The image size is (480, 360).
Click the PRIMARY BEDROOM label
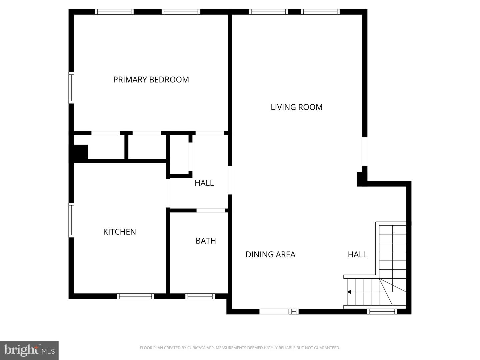click(x=151, y=80)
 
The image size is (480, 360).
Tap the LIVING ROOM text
click(x=296, y=107)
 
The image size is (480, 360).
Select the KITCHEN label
click(x=119, y=232)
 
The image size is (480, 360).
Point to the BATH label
click(x=206, y=241)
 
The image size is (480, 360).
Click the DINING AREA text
click(x=270, y=254)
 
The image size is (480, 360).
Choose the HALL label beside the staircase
click(x=357, y=254)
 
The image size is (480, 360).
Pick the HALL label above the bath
click(x=204, y=183)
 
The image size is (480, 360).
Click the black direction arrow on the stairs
click(x=349, y=292)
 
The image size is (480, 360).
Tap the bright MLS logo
click(x=29, y=350)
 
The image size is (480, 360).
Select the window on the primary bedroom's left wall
click(x=71, y=88)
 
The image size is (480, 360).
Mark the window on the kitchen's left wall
click(x=71, y=220)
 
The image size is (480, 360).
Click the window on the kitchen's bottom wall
click(x=135, y=296)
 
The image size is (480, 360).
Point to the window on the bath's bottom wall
click(x=200, y=296)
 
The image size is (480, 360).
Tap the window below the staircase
click(x=382, y=311)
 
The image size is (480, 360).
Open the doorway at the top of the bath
click(x=211, y=210)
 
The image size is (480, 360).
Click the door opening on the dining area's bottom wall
click(x=274, y=311)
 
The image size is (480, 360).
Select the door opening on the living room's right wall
click(x=365, y=151)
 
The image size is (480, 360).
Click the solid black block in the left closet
click(x=80, y=152)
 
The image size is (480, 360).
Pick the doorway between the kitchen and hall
click(x=168, y=193)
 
